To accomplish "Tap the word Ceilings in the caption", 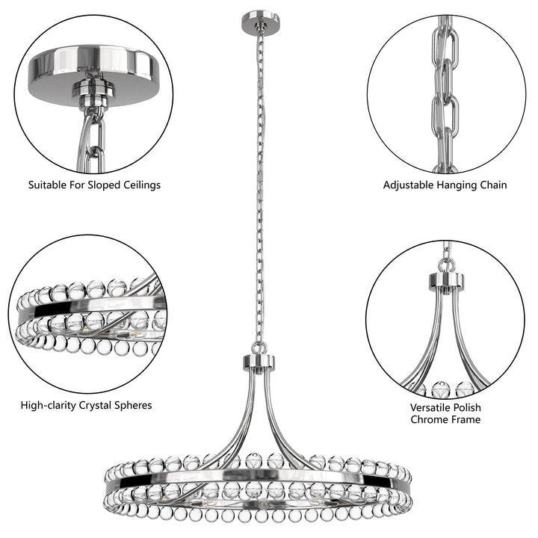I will (140, 185).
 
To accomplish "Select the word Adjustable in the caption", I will (409, 185).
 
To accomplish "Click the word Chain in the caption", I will (492, 185).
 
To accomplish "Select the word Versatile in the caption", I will (433, 408).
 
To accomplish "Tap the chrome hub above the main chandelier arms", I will (259, 363).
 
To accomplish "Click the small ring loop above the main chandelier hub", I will (259, 347).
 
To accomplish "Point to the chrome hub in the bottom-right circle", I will (446, 282).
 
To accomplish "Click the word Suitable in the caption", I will (48, 185).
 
